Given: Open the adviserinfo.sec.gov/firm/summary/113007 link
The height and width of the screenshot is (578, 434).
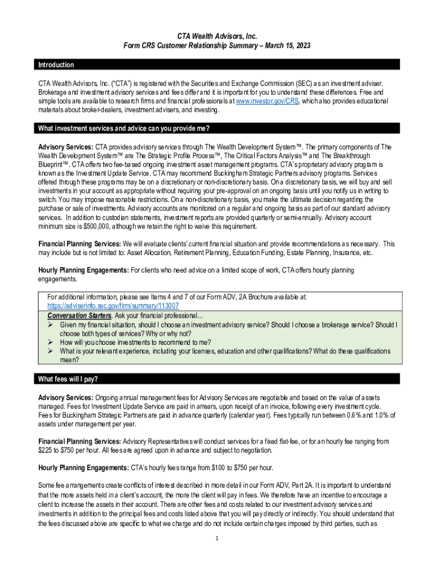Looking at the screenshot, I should (x=113, y=305).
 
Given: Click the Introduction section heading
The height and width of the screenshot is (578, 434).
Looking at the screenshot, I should (x=56, y=65).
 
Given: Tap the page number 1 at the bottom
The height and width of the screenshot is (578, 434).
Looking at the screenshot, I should (x=217, y=537).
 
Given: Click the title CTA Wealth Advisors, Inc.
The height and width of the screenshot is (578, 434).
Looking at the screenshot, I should (x=217, y=36).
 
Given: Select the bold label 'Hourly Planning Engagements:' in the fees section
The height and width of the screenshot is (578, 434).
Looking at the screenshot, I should (x=83, y=467).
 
